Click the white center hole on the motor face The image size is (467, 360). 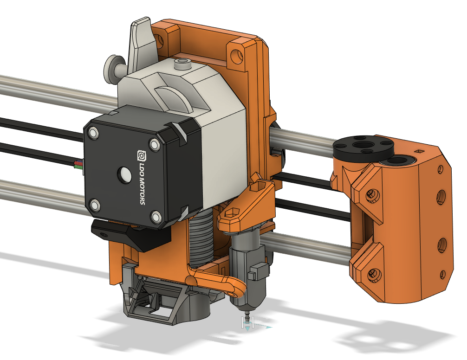124,174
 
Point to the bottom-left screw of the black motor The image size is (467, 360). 95,206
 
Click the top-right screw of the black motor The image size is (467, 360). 154,145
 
